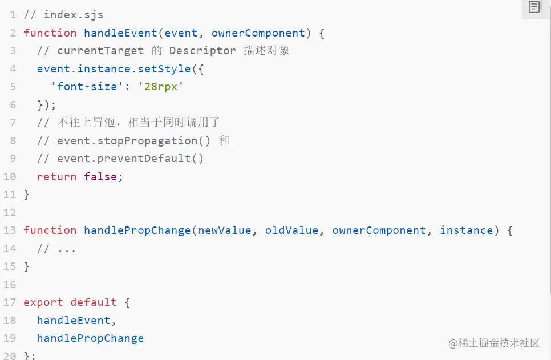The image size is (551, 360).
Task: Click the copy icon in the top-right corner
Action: tap(534, 7)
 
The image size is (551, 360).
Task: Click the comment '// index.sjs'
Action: tap(63, 15)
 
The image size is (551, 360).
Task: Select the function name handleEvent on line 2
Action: tap(120, 33)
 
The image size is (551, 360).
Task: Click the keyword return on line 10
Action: tap(56, 177)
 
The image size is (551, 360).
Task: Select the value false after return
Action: tap(100, 177)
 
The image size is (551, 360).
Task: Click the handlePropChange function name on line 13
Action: tap(137, 230)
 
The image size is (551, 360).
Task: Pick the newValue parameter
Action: tap(225, 230)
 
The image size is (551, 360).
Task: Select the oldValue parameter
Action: tap(291, 230)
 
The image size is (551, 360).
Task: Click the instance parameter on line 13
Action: tap(466, 230)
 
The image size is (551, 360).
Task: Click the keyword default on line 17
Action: tap(94, 302)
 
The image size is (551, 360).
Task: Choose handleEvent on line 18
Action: tap(74, 321)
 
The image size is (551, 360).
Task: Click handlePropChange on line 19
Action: tap(90, 338)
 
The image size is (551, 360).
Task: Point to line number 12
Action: tap(10, 213)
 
